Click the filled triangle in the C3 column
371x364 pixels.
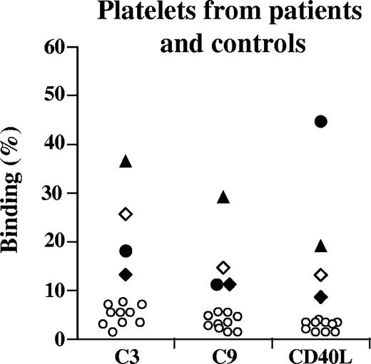pos(126,162)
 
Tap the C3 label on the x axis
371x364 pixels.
pos(127,355)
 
